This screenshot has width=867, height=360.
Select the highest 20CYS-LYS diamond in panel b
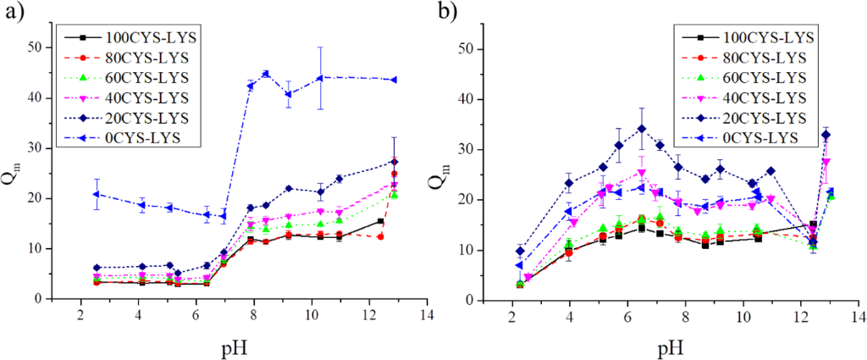tap(642, 129)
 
